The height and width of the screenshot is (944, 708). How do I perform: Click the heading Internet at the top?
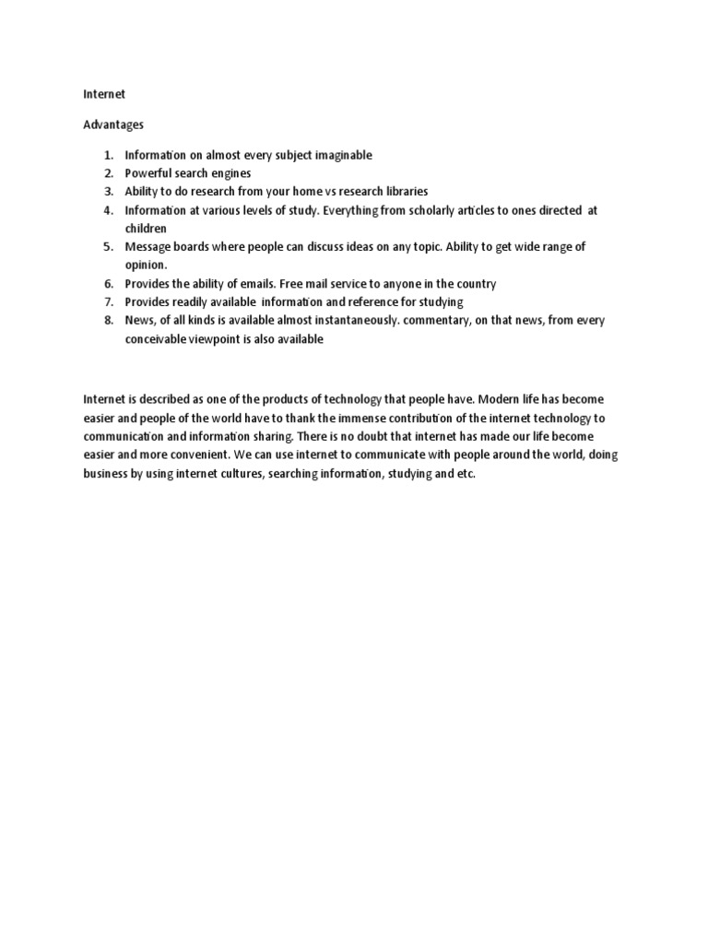[104, 94]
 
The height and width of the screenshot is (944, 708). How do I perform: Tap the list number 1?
[107, 155]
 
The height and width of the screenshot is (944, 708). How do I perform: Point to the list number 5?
[107, 247]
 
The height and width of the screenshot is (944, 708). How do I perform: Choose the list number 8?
[107, 321]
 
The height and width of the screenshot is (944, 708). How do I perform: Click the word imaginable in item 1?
[343, 155]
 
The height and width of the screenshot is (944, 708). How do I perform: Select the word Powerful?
[150, 173]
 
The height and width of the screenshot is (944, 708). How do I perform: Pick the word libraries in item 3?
[404, 192]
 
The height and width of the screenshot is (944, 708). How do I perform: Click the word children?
[146, 228]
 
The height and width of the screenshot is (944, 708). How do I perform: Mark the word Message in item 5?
[148, 247]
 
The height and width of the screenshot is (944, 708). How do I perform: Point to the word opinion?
[146, 265]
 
